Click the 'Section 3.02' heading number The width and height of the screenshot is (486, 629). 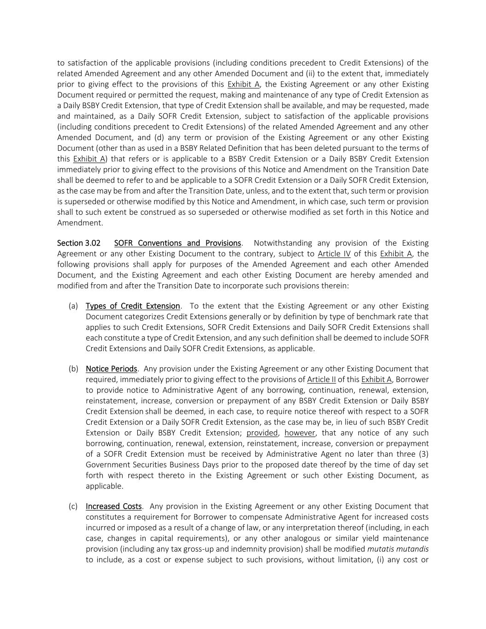click(79, 243)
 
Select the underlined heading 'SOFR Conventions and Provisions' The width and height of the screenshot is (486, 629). click(177, 243)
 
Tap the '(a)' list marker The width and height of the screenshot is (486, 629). click(73, 306)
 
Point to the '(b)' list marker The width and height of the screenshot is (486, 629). click(73, 369)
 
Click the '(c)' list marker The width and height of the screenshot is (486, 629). click(73, 506)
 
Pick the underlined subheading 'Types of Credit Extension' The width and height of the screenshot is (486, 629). click(133, 306)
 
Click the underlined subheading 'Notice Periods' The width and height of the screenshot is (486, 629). click(111, 369)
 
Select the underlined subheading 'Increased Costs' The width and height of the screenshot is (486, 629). click(114, 506)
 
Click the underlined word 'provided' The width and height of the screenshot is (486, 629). click(262, 433)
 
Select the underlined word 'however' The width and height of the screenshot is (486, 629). click(300, 433)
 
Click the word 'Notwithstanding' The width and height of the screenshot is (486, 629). click(283, 243)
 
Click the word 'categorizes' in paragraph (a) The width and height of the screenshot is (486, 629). click(141, 317)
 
